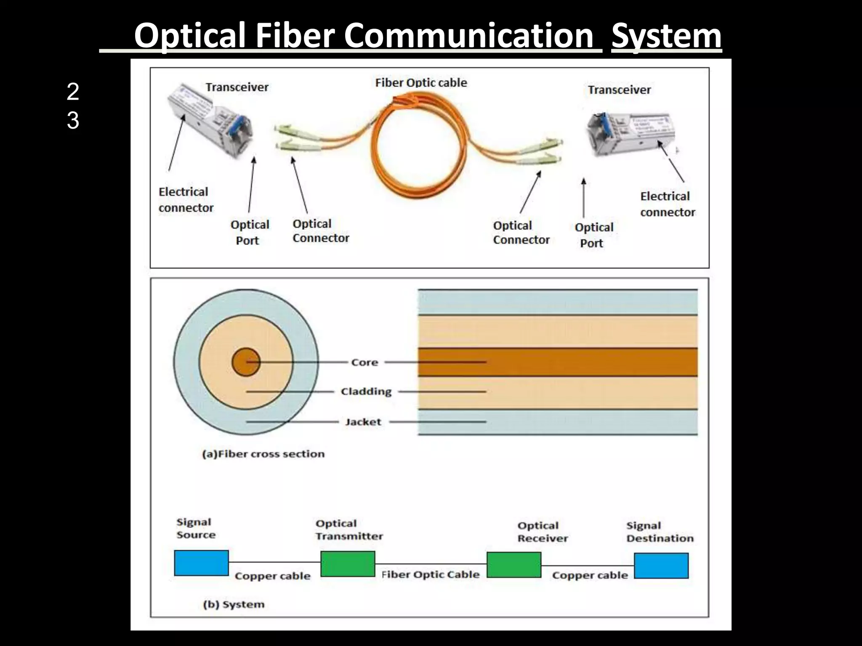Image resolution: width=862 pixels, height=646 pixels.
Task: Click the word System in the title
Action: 666,36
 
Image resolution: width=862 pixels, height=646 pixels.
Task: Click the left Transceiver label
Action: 237,87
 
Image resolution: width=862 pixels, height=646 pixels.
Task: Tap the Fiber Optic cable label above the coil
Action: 421,82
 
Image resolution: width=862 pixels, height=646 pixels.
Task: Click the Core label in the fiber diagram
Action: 364,362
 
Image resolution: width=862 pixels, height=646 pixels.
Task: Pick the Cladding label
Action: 366,392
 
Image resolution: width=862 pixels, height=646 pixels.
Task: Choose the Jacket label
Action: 363,422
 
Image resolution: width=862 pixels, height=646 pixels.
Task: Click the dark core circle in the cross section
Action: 246,362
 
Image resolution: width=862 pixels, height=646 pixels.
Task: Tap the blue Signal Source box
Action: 201,563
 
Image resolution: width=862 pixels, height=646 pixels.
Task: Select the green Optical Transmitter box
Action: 348,564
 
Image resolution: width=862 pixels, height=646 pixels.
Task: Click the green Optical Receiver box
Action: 513,565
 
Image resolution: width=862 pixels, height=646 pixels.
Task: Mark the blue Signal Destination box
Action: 661,566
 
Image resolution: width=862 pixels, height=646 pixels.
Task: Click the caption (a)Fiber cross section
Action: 263,454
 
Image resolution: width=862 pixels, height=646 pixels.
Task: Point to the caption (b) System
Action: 234,604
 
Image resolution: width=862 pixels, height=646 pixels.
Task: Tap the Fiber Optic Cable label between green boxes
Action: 430,575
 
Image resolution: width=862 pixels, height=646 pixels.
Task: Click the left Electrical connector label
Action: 186,200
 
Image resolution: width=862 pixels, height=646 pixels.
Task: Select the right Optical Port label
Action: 593,235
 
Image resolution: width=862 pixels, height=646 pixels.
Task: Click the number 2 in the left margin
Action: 73,92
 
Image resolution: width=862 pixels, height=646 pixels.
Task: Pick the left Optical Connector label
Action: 320,231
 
